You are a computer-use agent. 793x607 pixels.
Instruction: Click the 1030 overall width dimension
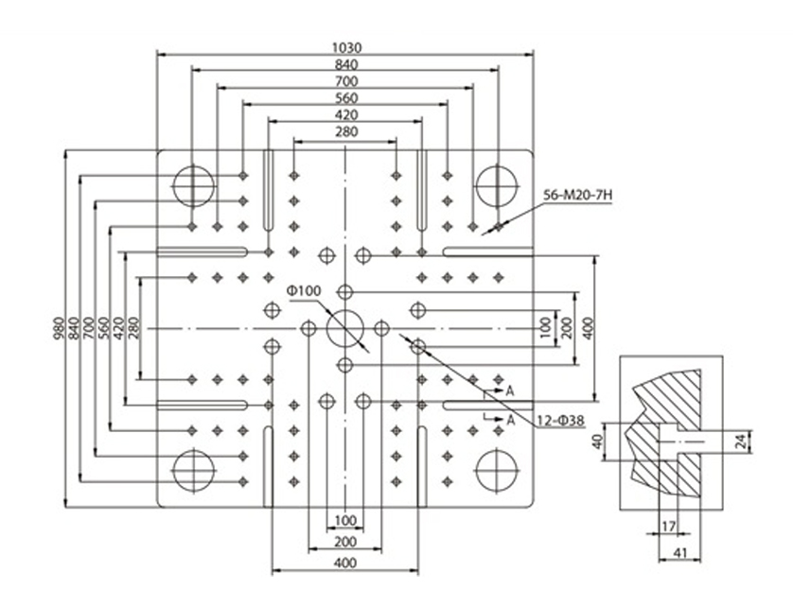tap(347, 47)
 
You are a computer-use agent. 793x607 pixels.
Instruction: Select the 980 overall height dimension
tap(59, 328)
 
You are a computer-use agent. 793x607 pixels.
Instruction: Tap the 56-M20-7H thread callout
tap(577, 195)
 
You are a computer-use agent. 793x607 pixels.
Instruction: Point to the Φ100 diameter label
tap(304, 291)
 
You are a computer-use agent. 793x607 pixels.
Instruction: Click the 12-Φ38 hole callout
tap(561, 420)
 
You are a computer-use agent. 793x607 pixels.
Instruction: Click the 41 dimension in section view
tap(680, 552)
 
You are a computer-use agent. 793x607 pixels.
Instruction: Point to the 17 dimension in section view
tap(669, 527)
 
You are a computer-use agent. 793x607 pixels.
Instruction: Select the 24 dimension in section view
tap(740, 442)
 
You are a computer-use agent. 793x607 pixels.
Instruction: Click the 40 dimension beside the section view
tap(598, 442)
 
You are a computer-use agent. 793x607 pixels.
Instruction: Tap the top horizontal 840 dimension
tap(346, 64)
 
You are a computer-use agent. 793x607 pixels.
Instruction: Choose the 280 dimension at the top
tap(346, 132)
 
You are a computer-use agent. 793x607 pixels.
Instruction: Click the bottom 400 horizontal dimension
tap(345, 563)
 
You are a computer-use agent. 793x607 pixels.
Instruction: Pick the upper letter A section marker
tap(510, 390)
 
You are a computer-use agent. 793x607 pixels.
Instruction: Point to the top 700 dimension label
tap(346, 81)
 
